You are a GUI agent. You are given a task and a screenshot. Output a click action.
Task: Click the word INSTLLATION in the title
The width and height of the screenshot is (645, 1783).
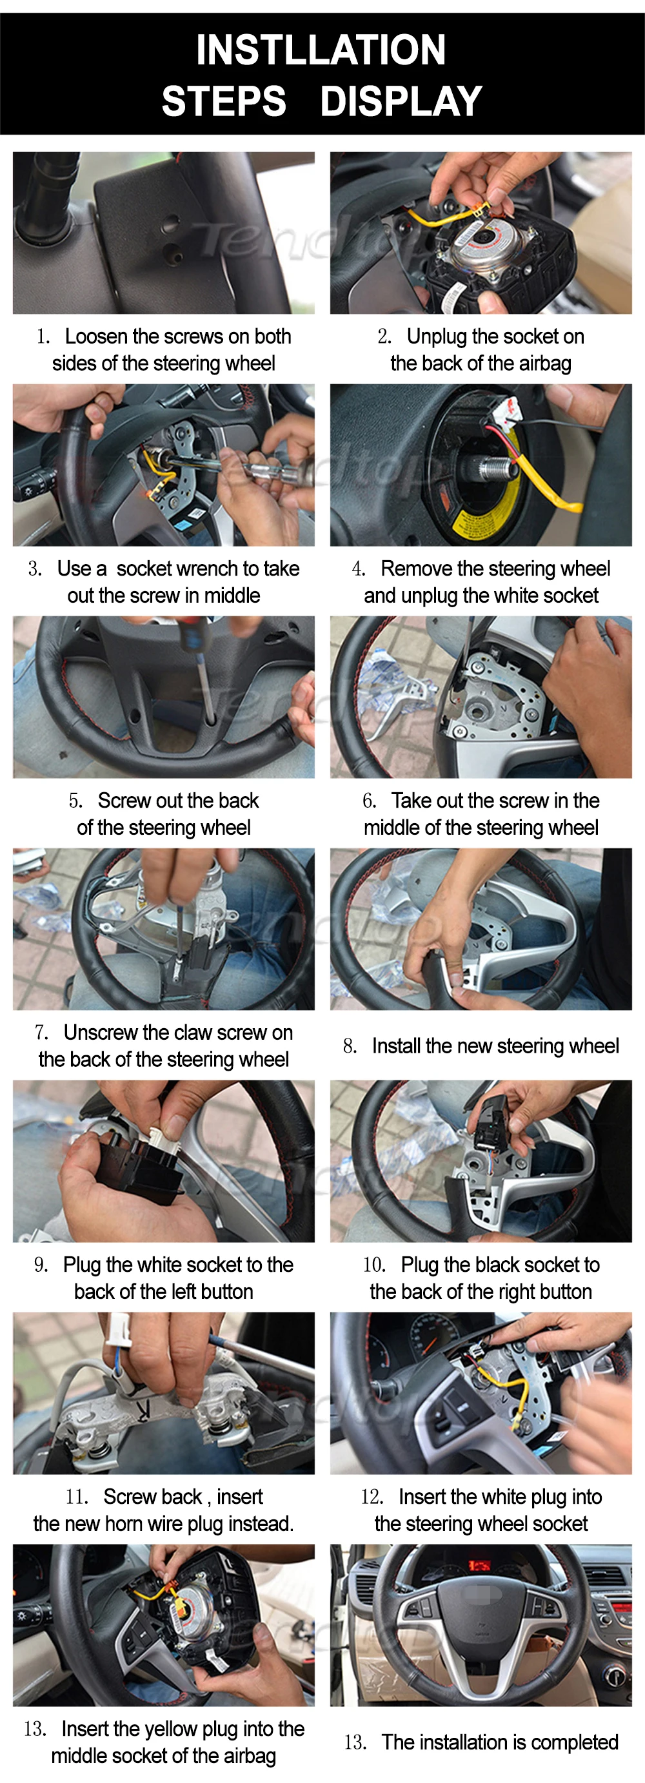tap(321, 50)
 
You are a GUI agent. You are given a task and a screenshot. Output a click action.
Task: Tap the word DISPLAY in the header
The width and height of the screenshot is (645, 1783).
tap(401, 101)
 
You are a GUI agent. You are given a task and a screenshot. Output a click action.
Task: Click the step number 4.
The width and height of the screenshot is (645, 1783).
tap(358, 569)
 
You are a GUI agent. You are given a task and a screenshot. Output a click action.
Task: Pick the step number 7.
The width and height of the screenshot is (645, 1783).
tap(41, 1033)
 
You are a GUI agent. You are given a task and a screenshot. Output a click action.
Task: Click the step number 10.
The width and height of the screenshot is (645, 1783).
tap(374, 1265)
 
